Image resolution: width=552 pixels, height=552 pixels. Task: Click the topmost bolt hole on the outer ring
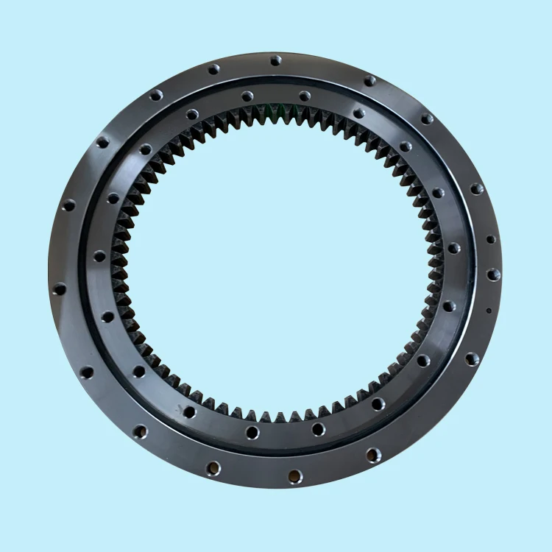(x=276, y=60)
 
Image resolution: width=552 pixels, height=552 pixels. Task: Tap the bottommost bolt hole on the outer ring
(x=294, y=477)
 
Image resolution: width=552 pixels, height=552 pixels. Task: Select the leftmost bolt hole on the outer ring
(x=59, y=289)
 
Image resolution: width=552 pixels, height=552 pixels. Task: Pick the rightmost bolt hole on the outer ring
(x=494, y=275)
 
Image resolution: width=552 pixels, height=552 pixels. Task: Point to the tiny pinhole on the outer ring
(x=489, y=310)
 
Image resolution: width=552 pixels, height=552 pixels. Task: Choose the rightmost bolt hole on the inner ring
(x=454, y=248)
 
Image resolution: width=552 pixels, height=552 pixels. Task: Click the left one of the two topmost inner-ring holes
(x=247, y=96)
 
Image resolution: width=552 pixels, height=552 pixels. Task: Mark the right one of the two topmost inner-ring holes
(x=305, y=96)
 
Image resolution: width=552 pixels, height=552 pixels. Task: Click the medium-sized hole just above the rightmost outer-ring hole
(x=491, y=239)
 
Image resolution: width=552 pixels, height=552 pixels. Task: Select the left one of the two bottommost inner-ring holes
(x=252, y=432)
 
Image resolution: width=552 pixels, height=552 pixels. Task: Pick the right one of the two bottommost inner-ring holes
(x=318, y=429)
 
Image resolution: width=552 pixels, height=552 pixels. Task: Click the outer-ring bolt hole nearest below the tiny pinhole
(x=472, y=359)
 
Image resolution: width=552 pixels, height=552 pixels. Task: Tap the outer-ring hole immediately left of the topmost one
(x=213, y=70)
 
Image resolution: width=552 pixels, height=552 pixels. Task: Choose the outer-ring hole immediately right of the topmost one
(x=370, y=80)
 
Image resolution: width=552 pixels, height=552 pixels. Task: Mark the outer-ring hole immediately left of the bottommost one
(x=214, y=467)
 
